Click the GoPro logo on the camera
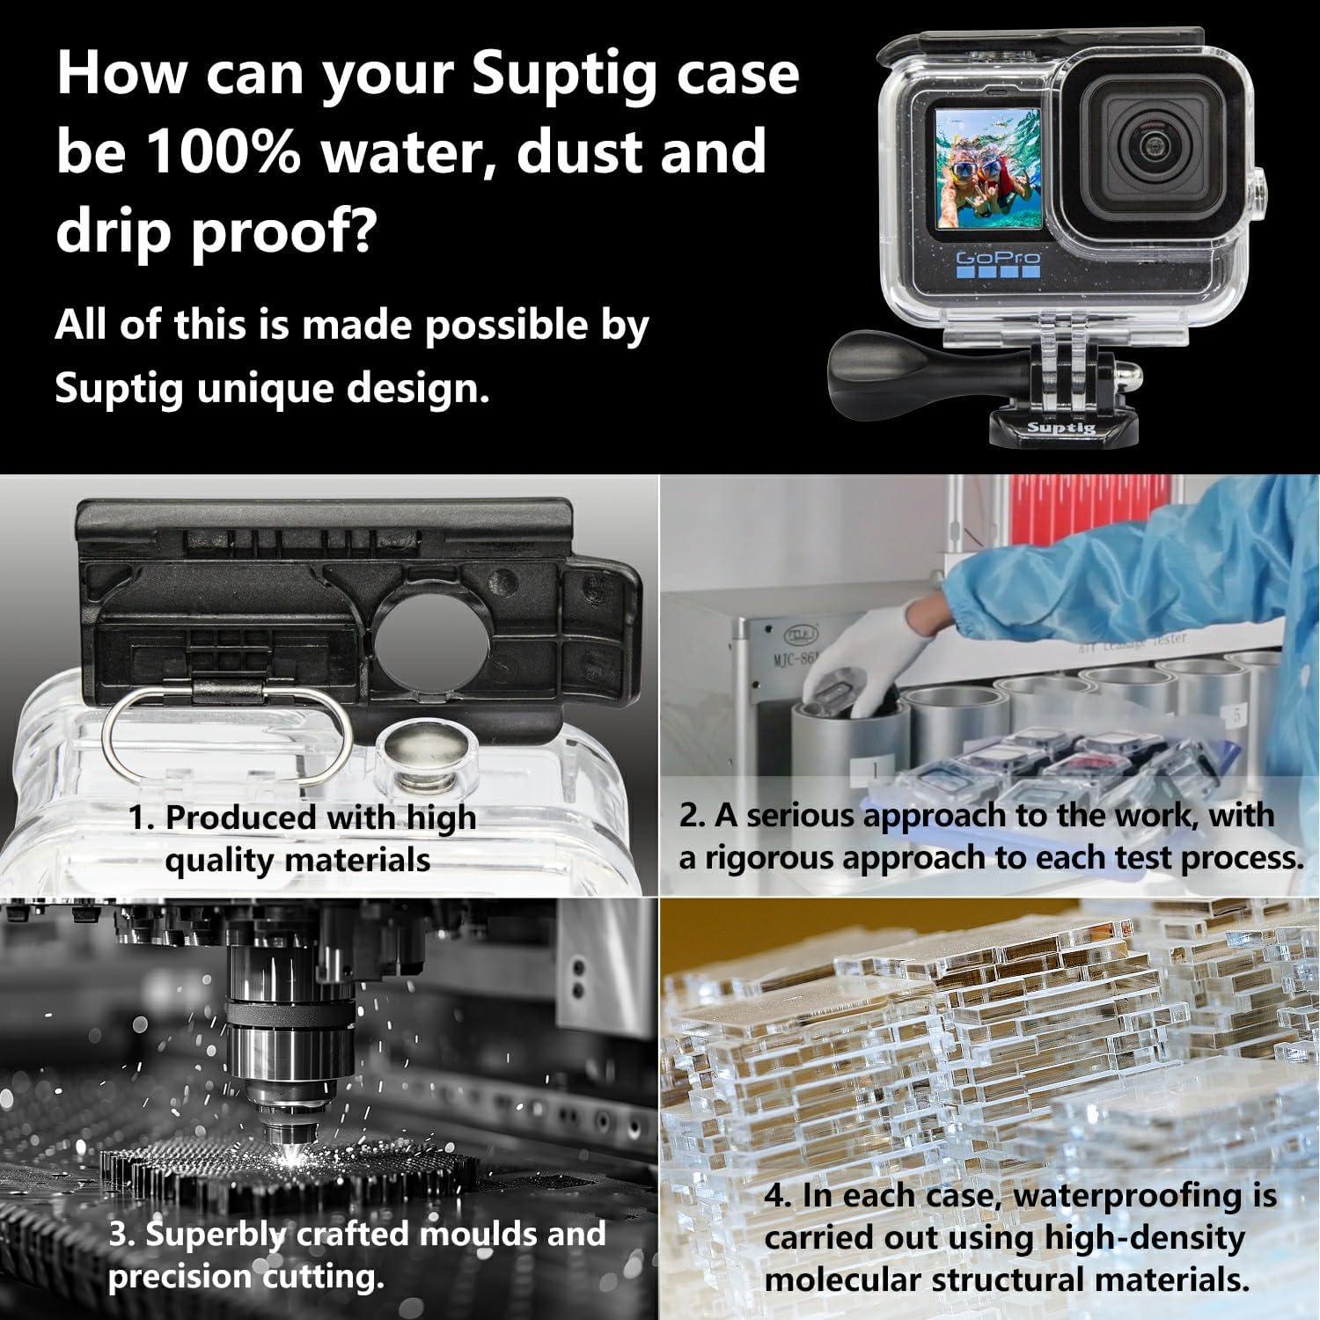(x=997, y=259)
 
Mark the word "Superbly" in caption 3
(x=216, y=1236)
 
